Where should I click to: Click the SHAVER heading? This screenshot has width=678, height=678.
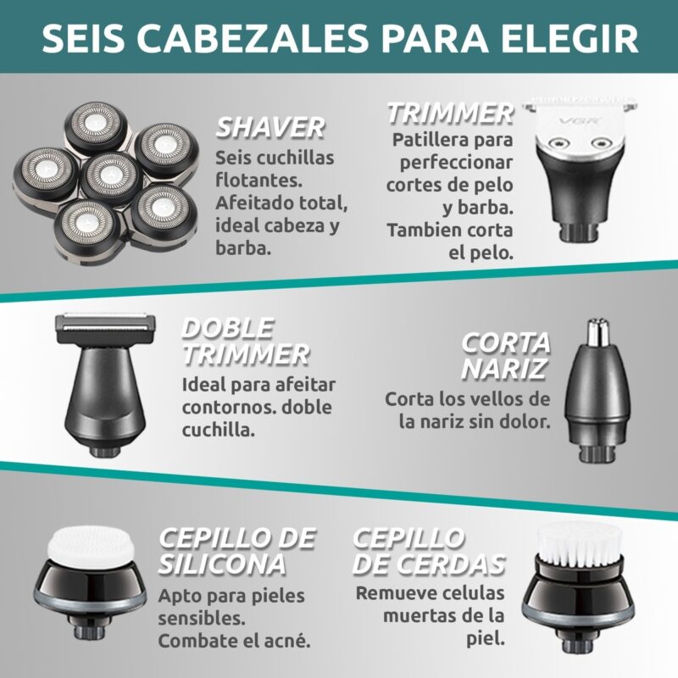click(x=270, y=128)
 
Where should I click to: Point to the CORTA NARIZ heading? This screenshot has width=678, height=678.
click(x=505, y=356)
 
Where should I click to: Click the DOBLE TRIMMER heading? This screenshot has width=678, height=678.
click(x=245, y=342)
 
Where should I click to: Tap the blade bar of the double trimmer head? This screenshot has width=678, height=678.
click(x=105, y=323)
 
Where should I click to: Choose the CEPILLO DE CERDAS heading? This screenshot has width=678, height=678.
click(x=429, y=552)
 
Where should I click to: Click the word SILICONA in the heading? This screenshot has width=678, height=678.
click(x=222, y=564)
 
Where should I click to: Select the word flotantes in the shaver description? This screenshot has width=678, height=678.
click(x=258, y=181)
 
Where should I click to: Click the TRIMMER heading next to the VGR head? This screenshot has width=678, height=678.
click(x=450, y=114)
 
